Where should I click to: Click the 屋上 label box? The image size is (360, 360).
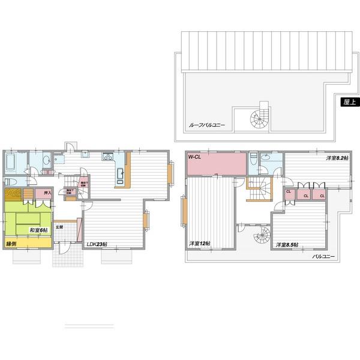point(347,101)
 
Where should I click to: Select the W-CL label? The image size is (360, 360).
point(195,157)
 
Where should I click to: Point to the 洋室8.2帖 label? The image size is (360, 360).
point(338,158)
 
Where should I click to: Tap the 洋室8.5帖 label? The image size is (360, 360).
point(287,245)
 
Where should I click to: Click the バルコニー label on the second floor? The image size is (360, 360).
point(324,256)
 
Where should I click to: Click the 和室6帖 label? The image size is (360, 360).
point(38,229)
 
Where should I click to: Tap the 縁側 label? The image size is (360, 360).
point(11,244)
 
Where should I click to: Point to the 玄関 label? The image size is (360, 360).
point(59,227)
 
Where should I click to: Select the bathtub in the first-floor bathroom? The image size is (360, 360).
point(12,163)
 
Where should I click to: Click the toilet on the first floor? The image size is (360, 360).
point(8,182)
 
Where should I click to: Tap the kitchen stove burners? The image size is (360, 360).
point(109,158)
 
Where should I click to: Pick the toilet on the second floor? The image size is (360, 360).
point(254,158)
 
